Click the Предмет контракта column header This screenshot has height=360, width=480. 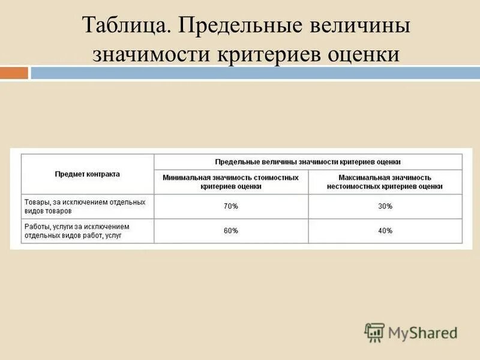point(88,174)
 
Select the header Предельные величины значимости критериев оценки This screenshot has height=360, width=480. point(308,162)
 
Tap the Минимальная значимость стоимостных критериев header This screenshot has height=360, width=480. point(231,182)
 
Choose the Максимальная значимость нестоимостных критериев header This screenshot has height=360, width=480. point(385,182)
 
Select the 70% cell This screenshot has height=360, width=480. point(231,206)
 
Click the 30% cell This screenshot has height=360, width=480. point(385,206)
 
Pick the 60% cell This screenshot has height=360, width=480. point(231,231)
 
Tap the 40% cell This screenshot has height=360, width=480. point(385,231)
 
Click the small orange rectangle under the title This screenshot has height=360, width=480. point(14,73)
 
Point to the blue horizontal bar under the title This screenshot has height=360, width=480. point(255,73)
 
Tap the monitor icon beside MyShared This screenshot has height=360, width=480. point(374,332)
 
